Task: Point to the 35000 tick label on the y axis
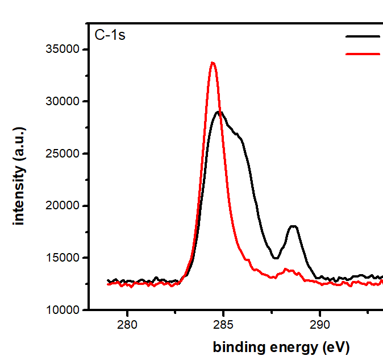(63, 49)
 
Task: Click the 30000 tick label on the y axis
(63, 102)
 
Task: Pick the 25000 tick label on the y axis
(63, 154)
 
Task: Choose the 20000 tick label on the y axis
(63, 206)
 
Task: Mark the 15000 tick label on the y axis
(63, 258)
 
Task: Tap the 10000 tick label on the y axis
(63, 310)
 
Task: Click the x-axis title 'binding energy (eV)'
(281, 347)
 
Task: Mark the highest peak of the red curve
(213, 63)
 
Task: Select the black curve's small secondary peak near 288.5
(293, 226)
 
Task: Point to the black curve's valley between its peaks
(276, 258)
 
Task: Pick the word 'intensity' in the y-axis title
(19, 193)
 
